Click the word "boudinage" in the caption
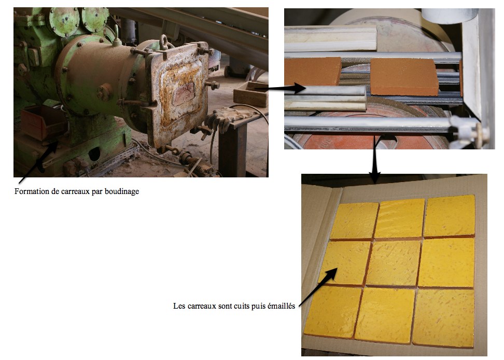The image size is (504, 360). click(x=122, y=191)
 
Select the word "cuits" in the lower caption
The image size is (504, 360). click(x=242, y=306)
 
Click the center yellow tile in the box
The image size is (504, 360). click(x=393, y=263)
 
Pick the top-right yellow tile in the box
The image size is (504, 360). click(x=450, y=216)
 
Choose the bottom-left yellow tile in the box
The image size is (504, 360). click(x=333, y=311)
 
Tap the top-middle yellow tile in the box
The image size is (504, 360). click(x=400, y=218)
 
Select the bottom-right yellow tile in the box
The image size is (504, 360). click(x=443, y=317)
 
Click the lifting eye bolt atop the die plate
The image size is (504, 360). click(x=164, y=42)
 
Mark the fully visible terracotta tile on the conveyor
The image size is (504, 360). click(x=404, y=76)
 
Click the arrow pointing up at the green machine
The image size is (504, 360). click(x=38, y=163)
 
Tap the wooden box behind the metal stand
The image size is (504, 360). click(x=251, y=94)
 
